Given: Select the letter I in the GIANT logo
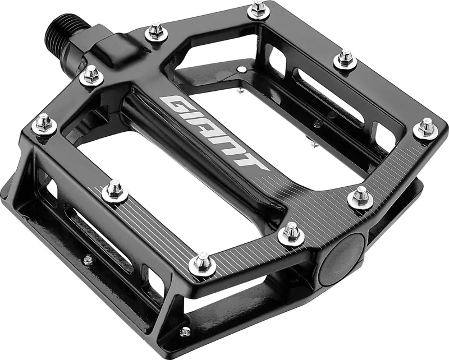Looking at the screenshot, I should tap(193, 118).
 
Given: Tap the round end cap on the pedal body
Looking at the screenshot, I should tap(342, 256).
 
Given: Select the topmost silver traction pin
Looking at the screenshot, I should tap(257, 9).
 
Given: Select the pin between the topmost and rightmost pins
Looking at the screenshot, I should tap(345, 58).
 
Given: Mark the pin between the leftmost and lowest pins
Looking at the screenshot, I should tap(114, 191).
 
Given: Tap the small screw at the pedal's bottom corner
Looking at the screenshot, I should tap(185, 332).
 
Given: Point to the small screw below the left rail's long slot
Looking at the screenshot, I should tap(87, 260).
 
